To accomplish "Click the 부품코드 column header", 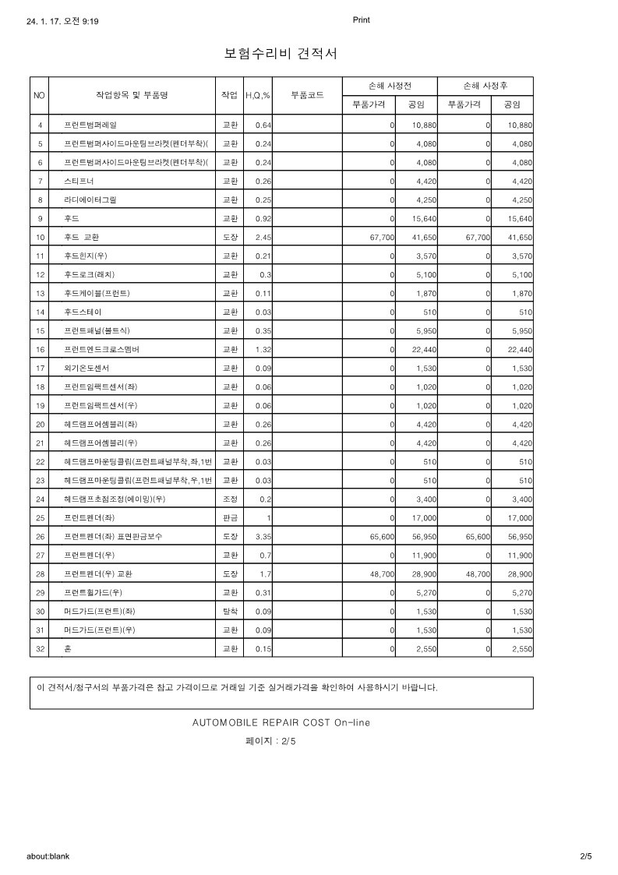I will [307, 95].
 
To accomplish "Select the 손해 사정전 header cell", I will [389, 86].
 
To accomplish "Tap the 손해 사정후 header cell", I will [485, 86].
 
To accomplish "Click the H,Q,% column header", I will [258, 95].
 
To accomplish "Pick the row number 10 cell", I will [40, 237].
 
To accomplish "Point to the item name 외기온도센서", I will [87, 368].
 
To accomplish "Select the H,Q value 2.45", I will [262, 237].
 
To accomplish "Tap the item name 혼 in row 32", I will [68, 648].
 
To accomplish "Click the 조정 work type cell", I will [230, 499].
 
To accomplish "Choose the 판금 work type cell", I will [230, 517].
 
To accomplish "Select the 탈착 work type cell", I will [230, 611].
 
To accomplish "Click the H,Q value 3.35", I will [262, 536].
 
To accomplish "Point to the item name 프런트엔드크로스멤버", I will [101, 349].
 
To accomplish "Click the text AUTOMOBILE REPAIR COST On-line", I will [281, 722].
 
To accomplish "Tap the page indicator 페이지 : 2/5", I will [270, 741].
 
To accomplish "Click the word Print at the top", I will [361, 20].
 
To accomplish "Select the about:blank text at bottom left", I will [48, 856].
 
